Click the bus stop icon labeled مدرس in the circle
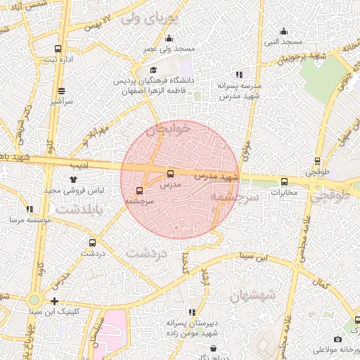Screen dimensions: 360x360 tap(170, 173)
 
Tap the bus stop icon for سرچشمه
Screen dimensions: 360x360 tap(139, 191)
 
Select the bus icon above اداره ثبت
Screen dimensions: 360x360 tap(58, 49)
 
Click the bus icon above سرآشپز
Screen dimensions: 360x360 tap(62, 91)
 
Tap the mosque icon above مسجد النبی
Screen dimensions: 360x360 tap(283, 31)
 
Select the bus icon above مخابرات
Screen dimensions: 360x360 tap(284, 181)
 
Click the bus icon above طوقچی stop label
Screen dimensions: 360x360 tap(318, 161)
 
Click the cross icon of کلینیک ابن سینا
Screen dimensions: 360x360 tap(54, 301)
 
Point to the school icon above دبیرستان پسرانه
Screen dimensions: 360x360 tap(191, 311)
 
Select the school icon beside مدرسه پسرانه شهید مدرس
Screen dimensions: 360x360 tap(239, 75)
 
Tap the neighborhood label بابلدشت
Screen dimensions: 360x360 tap(80, 210)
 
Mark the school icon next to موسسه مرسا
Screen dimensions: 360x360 tap(30, 209)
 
